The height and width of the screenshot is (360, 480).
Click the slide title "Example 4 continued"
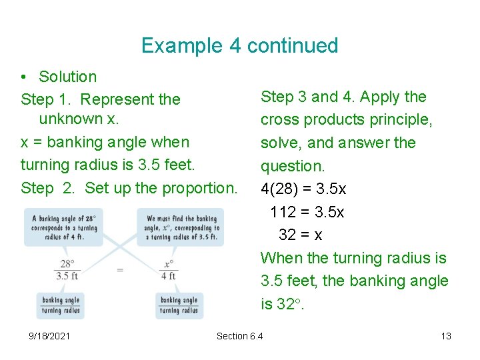239,46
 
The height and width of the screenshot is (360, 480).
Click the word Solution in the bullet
67,77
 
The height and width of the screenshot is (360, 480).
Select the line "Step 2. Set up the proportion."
129,188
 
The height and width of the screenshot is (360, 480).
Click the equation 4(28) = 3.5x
303,189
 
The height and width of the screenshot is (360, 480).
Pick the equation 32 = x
301,235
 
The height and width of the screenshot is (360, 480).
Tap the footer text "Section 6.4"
239,336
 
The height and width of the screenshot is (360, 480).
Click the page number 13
446,336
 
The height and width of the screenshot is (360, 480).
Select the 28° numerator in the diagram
67,264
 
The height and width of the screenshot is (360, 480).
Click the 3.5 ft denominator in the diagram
67,276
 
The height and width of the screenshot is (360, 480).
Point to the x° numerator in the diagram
169,264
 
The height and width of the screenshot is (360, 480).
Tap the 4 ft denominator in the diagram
169,276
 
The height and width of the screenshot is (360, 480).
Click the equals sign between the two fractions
120,270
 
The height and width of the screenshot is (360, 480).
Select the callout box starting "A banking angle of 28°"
65,227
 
